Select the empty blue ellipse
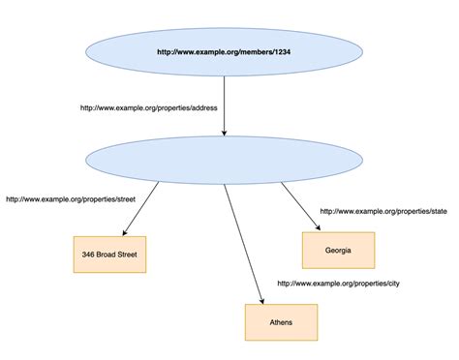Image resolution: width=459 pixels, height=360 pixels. coord(225,159)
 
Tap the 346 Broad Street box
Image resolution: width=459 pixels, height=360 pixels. coord(109,254)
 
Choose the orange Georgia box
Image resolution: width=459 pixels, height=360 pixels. coord(337,250)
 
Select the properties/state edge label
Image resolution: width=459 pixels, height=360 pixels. coord(384,210)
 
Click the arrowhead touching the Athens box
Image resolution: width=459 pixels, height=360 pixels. coord(262,298)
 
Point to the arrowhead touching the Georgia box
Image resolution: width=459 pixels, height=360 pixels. coord(318,227)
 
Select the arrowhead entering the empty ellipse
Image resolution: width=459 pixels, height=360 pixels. coord(225,133)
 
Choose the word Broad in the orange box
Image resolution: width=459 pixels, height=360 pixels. coord(108,254)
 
